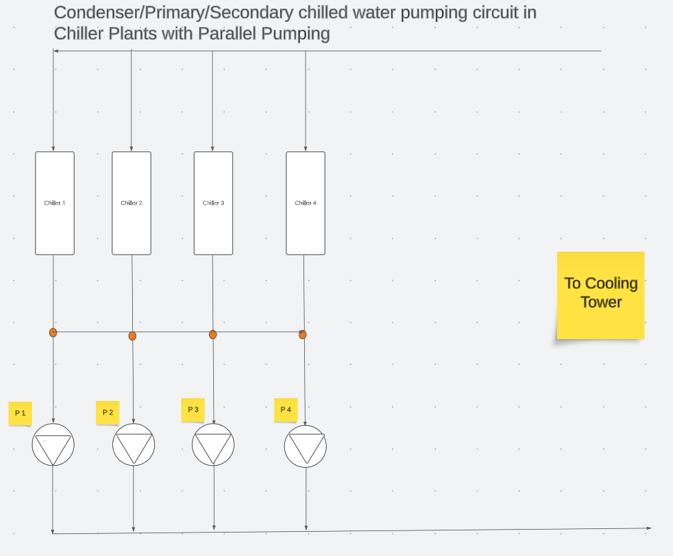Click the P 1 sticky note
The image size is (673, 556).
coord(20,413)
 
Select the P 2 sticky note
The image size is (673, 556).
coord(107,412)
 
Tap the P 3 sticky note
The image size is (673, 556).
coord(193,410)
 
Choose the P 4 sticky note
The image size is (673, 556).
coord(286,410)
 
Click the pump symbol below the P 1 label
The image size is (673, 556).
coord(53,445)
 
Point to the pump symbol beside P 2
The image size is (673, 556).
coord(134,445)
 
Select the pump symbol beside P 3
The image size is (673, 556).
coord(213,445)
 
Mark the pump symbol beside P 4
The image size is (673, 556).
coord(306,446)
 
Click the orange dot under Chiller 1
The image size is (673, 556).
coord(53,332)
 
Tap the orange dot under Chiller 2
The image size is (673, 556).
coord(132,336)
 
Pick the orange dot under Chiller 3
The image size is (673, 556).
coord(212,334)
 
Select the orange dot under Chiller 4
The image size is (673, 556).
coord(303,334)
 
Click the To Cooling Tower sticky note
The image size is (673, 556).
coord(601,295)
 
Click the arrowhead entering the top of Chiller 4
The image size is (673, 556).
coord(306,149)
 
